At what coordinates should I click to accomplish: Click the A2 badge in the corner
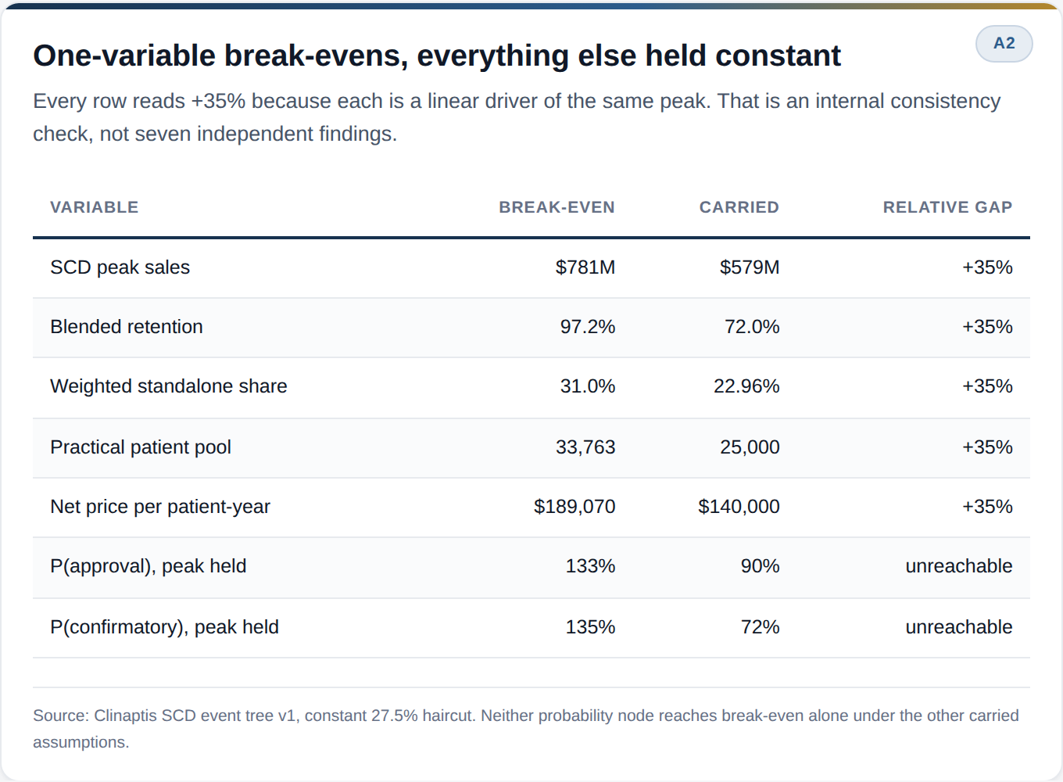1004,43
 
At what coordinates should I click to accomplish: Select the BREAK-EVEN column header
557,207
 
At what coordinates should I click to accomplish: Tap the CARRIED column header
739,207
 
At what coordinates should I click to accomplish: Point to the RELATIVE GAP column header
947,207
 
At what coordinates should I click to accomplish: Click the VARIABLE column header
95,207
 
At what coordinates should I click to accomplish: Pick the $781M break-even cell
585,267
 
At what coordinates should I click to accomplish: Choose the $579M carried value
750,267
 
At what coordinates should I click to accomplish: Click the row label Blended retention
127,327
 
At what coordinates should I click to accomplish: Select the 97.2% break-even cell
588,327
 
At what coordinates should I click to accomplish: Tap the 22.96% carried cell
746,386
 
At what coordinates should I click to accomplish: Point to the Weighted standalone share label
169,386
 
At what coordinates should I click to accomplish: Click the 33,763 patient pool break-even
585,447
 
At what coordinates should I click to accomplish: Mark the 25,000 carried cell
750,447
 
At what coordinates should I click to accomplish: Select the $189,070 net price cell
574,507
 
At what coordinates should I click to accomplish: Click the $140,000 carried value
739,507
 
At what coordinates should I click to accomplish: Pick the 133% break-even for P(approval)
590,566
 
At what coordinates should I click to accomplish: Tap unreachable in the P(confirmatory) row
958,627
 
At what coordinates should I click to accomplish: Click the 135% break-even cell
590,627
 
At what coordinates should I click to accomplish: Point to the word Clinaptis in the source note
125,716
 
